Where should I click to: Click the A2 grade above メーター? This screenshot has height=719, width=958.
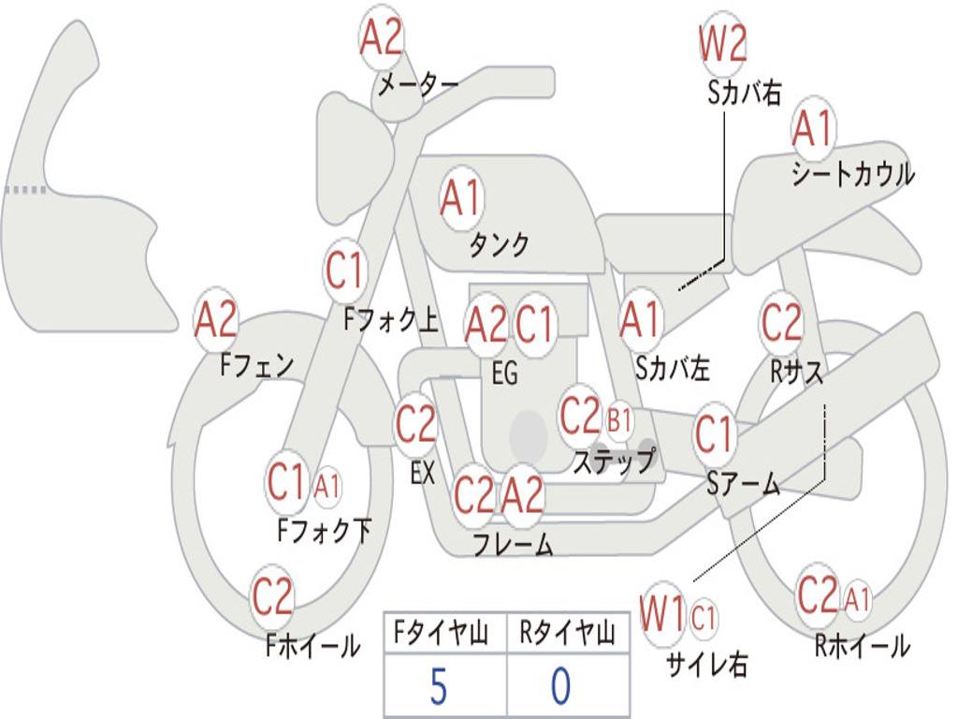[382, 39]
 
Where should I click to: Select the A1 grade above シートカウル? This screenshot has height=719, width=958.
[812, 129]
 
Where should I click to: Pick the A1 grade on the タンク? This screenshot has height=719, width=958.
[460, 198]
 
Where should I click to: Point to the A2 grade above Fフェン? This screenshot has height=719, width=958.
[216, 320]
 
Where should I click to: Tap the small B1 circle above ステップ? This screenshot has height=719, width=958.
[619, 420]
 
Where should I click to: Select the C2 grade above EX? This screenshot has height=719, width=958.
[416, 426]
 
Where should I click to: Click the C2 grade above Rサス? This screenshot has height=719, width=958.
[781, 323]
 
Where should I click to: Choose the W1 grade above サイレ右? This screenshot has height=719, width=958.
[663, 616]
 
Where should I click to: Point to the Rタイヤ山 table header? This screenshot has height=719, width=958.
[567, 634]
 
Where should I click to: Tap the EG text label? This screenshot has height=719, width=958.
[504, 374]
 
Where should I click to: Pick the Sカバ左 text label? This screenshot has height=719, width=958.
[673, 369]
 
